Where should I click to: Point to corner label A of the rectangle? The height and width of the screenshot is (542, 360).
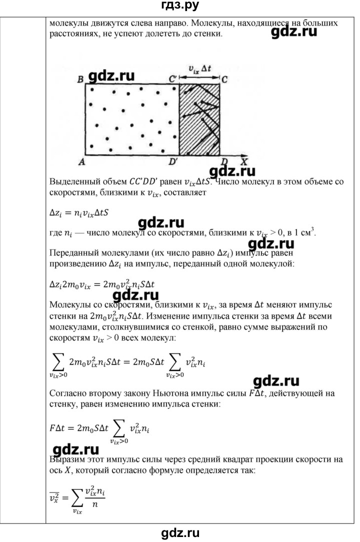click(80, 162)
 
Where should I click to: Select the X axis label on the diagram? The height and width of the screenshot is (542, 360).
click(244, 162)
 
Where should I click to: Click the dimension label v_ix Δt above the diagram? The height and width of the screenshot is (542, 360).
click(199, 69)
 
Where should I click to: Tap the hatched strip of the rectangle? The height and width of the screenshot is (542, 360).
click(199, 119)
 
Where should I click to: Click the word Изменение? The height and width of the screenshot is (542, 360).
click(174, 316)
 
